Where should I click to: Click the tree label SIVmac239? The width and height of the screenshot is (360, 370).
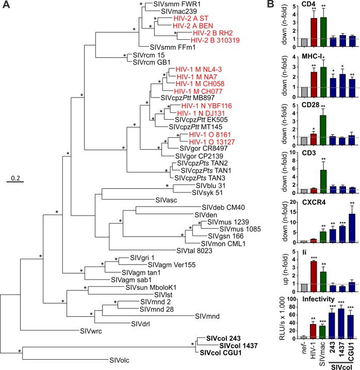pos(179,11)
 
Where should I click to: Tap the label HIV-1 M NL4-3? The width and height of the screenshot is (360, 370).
pos(199,69)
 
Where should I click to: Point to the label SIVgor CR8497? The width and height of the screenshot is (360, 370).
pos(203,149)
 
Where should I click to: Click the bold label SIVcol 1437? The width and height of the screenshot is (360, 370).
pos(238,346)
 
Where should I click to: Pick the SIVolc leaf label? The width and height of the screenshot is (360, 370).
pos(119,360)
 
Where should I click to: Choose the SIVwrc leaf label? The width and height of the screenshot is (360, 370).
pos(91,331)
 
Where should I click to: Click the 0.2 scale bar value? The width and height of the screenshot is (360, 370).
pos(15,178)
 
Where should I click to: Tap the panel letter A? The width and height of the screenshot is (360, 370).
pos(6,5)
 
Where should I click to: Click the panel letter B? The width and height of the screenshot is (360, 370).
pos(271,4)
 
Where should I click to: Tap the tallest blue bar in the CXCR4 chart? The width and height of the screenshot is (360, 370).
pos(352,228)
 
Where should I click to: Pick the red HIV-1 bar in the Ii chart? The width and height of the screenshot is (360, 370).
pos(314,277)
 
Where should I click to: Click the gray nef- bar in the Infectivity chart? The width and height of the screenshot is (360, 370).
pos(304,337)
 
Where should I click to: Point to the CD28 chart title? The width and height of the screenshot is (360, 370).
pos(310,105)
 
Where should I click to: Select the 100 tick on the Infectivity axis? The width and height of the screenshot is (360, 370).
pos(292,299)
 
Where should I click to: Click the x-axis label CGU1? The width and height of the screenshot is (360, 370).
pos(352,352)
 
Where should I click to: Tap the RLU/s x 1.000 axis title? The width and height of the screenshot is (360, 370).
pos(282,318)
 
